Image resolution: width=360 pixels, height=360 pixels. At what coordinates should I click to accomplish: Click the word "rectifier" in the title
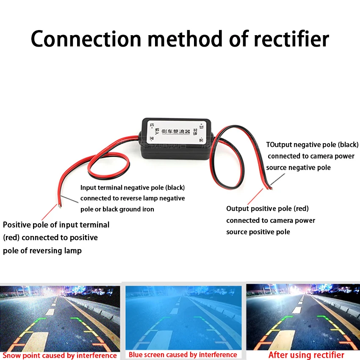pos(291,39)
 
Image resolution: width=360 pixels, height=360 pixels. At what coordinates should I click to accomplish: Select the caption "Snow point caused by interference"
pos(60,355)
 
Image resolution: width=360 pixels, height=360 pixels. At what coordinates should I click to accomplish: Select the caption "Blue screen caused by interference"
pos(183,354)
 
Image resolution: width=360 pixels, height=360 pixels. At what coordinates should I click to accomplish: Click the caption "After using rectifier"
pos(306,355)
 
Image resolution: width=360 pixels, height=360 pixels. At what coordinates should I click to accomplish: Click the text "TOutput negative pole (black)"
pos(312,144)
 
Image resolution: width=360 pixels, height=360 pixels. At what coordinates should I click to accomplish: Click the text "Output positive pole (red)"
pos(267,208)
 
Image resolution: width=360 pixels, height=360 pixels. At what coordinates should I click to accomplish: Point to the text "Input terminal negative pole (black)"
pos(133,187)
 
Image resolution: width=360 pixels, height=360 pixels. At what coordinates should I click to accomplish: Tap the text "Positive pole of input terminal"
pos(56,225)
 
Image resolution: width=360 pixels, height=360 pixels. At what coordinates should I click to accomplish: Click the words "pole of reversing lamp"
pos(42,250)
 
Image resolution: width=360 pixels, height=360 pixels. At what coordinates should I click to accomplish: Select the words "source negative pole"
pos(298,167)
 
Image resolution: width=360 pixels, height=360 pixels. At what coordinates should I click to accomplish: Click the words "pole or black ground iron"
pos(117,209)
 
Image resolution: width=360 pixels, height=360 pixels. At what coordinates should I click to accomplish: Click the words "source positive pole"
pos(258,232)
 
